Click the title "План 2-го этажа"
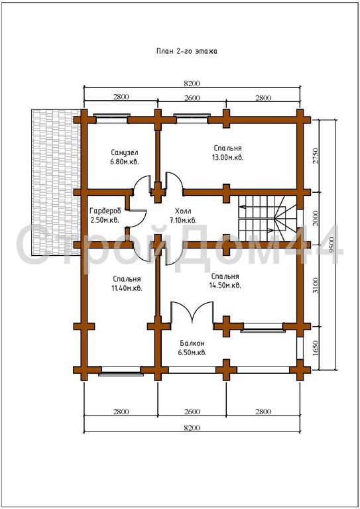click(x=187, y=51)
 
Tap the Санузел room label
click(x=125, y=152)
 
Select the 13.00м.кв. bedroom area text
click(x=227, y=158)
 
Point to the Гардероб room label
click(x=105, y=210)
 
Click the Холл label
click(x=183, y=210)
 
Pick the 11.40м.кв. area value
click(x=127, y=288)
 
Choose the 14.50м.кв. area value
click(x=225, y=286)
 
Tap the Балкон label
click(x=192, y=343)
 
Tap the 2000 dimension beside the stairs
click(x=315, y=219)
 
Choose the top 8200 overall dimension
click(x=192, y=84)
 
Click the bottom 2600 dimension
click(x=192, y=412)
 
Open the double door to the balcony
click(x=192, y=312)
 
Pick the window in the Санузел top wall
click(x=111, y=119)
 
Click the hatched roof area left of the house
click(x=56, y=182)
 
